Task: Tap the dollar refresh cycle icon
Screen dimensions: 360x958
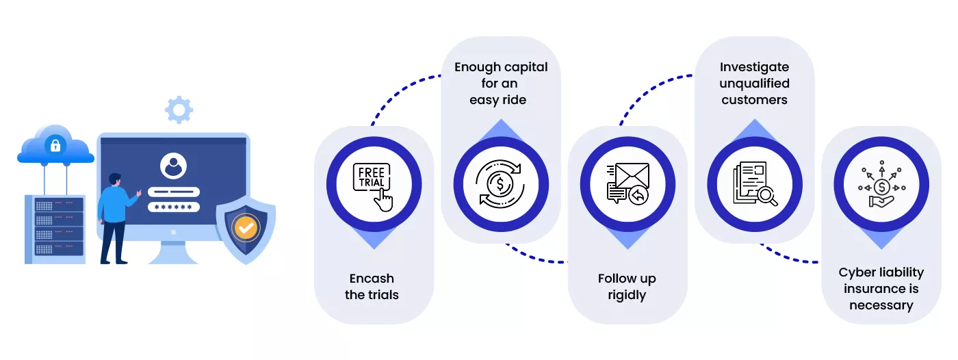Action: click(x=501, y=185)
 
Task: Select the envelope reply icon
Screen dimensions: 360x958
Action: click(x=627, y=185)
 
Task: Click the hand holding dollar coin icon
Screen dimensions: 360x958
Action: click(x=881, y=185)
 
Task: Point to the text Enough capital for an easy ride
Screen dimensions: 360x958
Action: click(x=501, y=83)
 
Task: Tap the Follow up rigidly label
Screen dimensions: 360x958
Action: click(x=627, y=287)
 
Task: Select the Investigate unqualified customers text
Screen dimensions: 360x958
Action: click(x=754, y=83)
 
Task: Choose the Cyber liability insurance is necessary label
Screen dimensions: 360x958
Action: click(x=881, y=289)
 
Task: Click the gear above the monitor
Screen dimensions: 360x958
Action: click(x=179, y=110)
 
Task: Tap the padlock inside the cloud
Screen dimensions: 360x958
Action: click(x=55, y=145)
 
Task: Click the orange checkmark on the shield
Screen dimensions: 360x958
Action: click(x=246, y=228)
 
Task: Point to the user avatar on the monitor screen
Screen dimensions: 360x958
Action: click(x=173, y=166)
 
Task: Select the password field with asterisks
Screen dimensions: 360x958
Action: click(x=174, y=207)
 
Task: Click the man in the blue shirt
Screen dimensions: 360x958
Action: click(x=116, y=216)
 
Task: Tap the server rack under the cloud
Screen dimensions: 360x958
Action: click(x=55, y=229)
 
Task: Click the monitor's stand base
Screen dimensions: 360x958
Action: click(x=173, y=256)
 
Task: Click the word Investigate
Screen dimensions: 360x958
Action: click(x=754, y=67)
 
